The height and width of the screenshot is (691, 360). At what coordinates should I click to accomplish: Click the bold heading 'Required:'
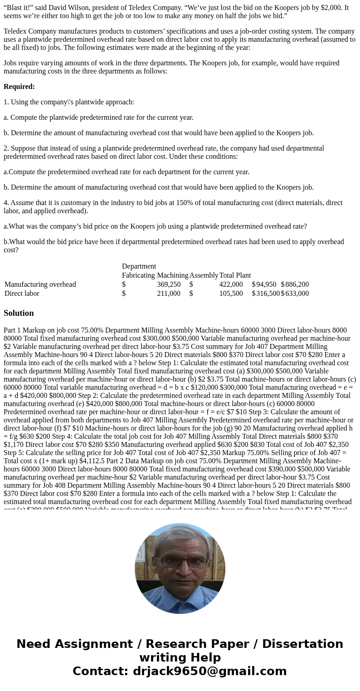coord(19,87)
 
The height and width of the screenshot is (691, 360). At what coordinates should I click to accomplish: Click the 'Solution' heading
coord(19,313)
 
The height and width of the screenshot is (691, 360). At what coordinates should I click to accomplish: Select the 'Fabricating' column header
coord(138,275)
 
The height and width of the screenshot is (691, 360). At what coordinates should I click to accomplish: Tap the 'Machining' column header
coord(172,275)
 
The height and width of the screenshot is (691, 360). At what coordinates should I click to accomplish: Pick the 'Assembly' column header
coord(204,275)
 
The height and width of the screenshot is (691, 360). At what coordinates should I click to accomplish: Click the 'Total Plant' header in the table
coord(235,275)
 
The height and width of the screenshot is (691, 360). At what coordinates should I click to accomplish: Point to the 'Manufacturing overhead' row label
coord(40,284)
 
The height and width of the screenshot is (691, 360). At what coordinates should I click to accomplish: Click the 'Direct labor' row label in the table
coord(22,294)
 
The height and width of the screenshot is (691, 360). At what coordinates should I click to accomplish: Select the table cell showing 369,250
coord(169,284)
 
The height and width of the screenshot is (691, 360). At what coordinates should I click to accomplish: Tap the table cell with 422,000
coord(231,284)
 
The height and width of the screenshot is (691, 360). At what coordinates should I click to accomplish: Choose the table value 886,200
coord(297,284)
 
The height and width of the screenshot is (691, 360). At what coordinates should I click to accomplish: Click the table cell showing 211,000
coord(169,294)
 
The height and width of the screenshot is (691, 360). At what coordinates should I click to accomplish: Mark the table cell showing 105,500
coord(231,294)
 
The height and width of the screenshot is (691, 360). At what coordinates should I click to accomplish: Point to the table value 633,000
coord(297,294)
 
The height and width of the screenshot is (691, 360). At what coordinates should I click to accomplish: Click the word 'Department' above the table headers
coord(139,266)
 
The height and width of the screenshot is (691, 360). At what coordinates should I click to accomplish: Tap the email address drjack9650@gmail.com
coord(209,671)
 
